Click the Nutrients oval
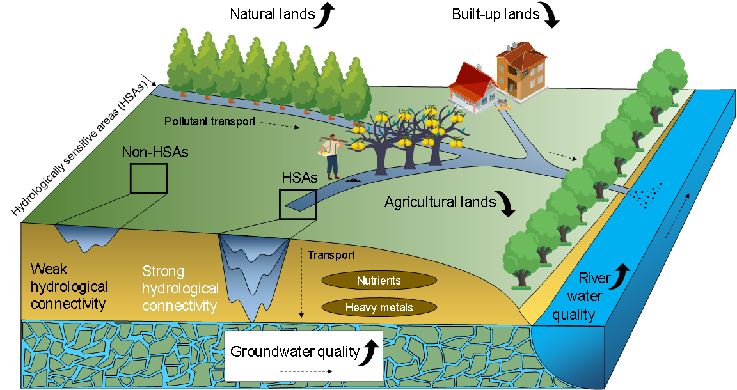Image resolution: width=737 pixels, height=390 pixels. coord(379,280)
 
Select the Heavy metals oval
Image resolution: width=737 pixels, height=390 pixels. coord(379,308)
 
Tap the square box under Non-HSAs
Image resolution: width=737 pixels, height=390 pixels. coord(148,178)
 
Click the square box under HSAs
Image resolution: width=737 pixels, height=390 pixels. coord(297,204)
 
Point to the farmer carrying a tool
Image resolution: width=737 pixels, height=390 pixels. coord(331,156)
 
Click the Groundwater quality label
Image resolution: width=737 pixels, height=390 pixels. coord(294,352)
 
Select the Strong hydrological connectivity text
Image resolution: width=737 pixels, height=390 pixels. coord(180,288)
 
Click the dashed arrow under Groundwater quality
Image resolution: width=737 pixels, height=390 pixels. coord(306,371)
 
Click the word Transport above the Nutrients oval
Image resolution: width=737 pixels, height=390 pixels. coord(331,255)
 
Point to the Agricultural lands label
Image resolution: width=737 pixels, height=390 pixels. coord(440,203)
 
